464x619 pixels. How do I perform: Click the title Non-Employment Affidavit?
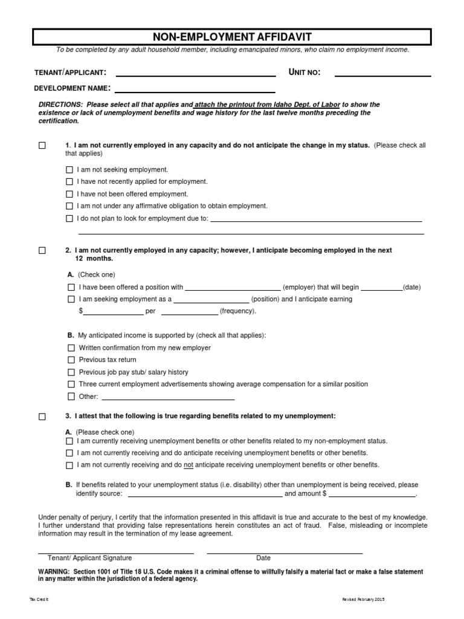pos(232,36)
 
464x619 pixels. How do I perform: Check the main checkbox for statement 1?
pos(42,146)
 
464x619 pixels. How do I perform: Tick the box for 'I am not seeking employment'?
pos(69,170)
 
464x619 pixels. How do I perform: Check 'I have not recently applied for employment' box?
pos(69,182)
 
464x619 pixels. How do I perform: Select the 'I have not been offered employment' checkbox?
pos(69,194)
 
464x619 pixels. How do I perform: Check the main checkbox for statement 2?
pos(42,250)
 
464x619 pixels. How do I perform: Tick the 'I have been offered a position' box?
pos(71,288)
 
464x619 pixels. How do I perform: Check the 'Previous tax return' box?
pos(71,360)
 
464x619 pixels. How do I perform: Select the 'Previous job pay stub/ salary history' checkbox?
pos(71,372)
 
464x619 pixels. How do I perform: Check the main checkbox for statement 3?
pos(42,416)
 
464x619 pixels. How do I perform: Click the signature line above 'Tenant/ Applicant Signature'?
pos(116,552)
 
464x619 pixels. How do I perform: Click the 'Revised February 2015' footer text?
pos(362,599)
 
